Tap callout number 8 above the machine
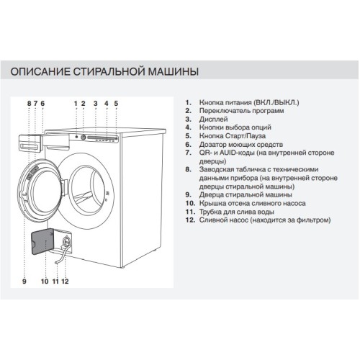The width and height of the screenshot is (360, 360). (29, 104)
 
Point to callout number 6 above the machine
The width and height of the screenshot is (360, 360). (42, 104)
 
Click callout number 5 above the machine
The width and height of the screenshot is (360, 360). (117, 104)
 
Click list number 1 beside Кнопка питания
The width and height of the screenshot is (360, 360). (187, 103)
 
